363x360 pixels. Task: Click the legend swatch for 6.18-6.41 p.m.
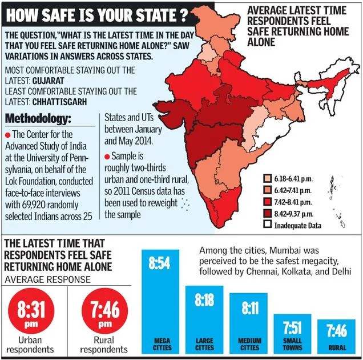267,179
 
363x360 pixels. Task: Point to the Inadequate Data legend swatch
267,225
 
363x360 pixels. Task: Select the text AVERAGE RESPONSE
47,279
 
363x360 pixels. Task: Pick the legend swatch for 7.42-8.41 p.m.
267,202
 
